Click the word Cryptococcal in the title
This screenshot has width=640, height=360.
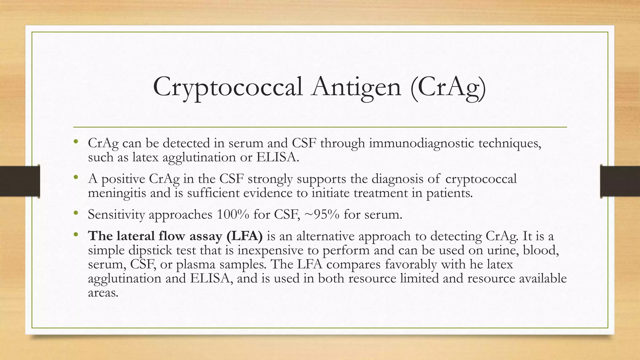[228, 87]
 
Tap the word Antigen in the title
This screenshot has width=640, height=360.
[356, 87]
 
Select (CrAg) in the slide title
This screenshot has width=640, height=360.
[448, 87]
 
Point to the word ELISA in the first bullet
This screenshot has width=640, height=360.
[277, 157]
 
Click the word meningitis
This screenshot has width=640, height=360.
[117, 193]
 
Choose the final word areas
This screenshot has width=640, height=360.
[103, 292]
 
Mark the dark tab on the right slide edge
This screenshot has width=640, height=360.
[620, 181]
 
